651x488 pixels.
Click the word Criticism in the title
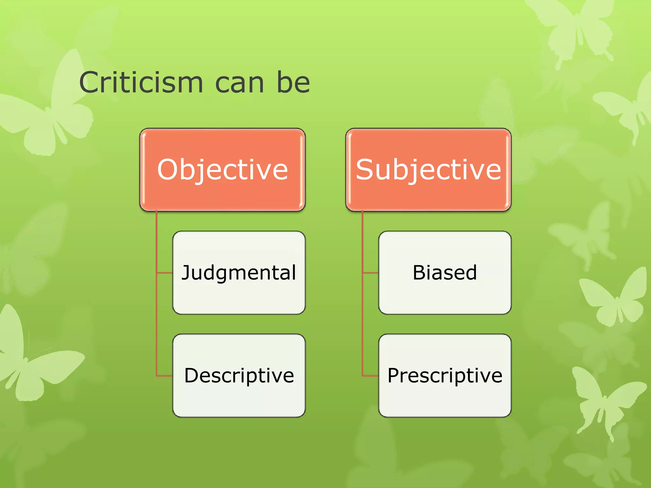click(x=141, y=83)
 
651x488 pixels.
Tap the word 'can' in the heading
click(x=240, y=83)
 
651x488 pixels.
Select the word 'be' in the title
click(x=293, y=83)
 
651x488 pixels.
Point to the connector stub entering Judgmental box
click(x=165, y=273)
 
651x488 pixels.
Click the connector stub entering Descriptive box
click(x=165, y=376)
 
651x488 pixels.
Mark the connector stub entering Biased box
click(x=371, y=273)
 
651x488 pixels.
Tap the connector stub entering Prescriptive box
click(x=371, y=376)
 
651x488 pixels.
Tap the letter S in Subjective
click(x=364, y=170)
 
